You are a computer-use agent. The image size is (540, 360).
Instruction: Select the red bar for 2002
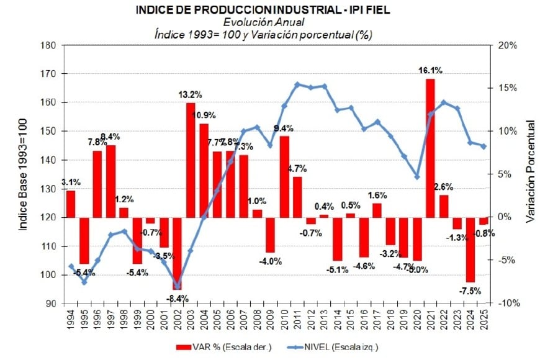tap(178, 253)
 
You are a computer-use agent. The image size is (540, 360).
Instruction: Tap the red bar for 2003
tap(191, 160)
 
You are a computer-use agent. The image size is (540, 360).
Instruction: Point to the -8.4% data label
tap(178, 297)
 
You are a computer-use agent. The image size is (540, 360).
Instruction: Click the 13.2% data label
tap(191, 95)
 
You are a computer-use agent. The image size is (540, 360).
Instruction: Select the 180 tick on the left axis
tap(49, 45)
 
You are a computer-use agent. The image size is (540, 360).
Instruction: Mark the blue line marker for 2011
tap(297, 84)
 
